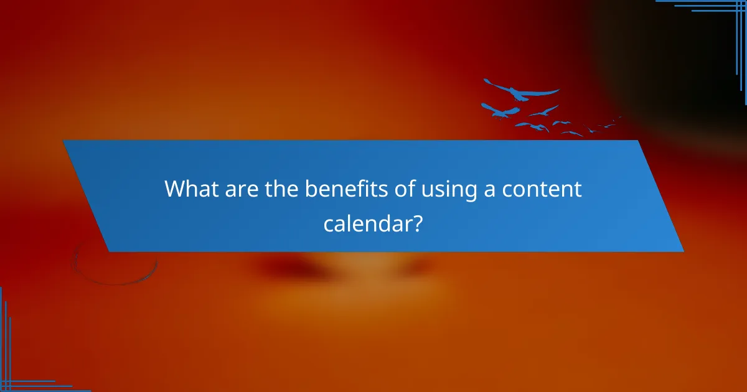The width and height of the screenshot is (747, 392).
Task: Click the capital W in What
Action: (x=175, y=189)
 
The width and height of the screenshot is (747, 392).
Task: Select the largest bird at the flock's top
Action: (x=522, y=91)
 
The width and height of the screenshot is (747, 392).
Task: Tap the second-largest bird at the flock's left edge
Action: (x=499, y=111)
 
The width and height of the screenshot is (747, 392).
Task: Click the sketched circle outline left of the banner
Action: (x=115, y=264)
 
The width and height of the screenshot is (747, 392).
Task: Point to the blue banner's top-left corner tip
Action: (x=63, y=141)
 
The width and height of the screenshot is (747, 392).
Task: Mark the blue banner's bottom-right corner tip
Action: (x=683, y=251)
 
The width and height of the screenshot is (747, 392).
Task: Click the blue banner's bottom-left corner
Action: (x=110, y=251)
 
